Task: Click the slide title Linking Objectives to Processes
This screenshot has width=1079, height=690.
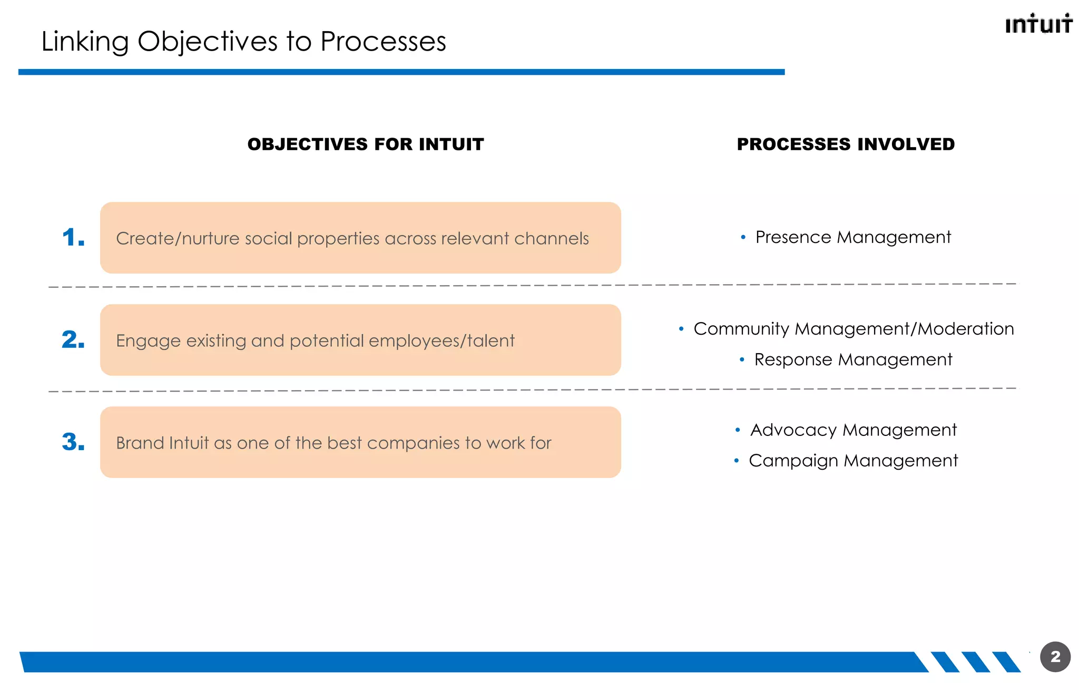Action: tap(243, 42)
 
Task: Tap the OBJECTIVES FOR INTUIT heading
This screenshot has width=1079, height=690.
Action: tap(366, 144)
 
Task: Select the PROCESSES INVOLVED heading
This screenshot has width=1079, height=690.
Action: tap(846, 144)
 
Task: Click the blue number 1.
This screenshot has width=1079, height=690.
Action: tap(73, 238)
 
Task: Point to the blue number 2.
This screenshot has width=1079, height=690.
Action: tap(73, 340)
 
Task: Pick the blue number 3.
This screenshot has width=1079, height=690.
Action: tap(73, 442)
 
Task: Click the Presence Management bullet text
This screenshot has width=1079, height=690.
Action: tap(853, 237)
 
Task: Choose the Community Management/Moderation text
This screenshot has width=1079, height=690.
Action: tap(854, 329)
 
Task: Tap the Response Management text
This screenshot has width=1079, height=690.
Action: tap(853, 359)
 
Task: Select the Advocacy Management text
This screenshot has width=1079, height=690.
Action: tap(853, 430)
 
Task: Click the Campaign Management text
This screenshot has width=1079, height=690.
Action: tap(853, 461)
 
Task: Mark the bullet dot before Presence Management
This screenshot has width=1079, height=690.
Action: tap(743, 238)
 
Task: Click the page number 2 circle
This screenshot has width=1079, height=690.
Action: tap(1055, 657)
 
